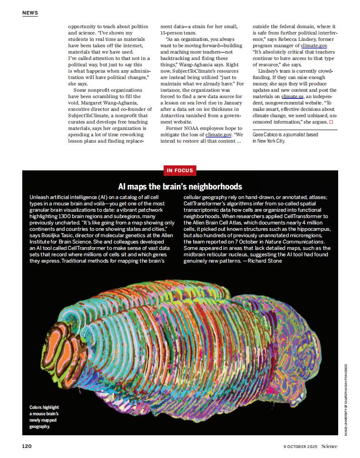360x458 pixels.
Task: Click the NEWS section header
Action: (30, 13)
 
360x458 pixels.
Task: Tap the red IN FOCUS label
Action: (180, 170)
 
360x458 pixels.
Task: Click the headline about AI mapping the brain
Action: (180, 187)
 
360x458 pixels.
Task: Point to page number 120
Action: (27, 446)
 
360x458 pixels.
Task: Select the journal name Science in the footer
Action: (329, 446)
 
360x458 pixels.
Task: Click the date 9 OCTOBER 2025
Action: (300, 446)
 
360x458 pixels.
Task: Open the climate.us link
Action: (292, 96)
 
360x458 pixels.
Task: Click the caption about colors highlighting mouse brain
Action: (44, 417)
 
